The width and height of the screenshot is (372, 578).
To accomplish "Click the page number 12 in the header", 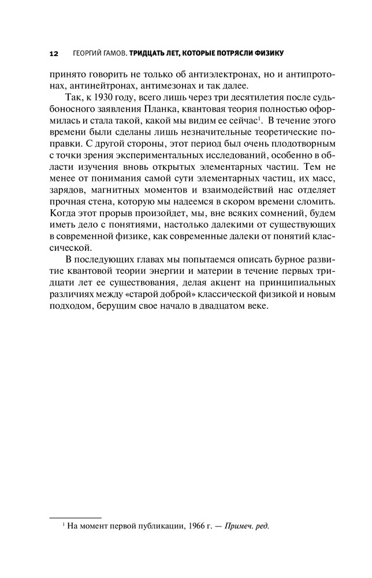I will click(x=54, y=53).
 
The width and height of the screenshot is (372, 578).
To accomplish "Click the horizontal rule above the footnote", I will click(x=75, y=518).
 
